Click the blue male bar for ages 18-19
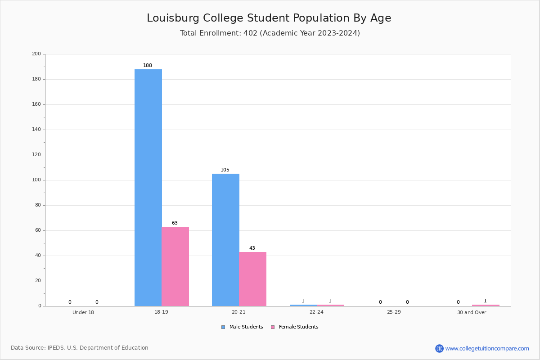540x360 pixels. click(x=148, y=188)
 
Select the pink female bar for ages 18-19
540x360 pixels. click(x=175, y=266)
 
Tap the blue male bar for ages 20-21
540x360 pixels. click(x=225, y=240)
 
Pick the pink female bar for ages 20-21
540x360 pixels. click(x=252, y=279)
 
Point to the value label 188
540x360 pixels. click(x=148, y=65)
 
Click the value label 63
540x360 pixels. click(x=175, y=223)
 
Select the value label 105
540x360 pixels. click(x=225, y=170)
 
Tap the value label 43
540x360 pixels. click(x=252, y=248)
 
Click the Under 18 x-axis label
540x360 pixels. click(x=83, y=312)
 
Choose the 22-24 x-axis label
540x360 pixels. click(x=316, y=312)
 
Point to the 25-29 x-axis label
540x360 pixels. click(x=394, y=312)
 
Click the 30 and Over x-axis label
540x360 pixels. click(x=472, y=312)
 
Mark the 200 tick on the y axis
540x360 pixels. click(x=36, y=54)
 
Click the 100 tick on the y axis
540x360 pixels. click(x=36, y=180)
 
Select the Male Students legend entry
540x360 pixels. click(x=242, y=327)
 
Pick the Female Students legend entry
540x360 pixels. click(x=295, y=327)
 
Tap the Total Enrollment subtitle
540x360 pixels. click(x=270, y=33)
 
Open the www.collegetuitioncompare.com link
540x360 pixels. click(x=487, y=348)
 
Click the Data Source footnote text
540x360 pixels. click(x=80, y=348)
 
